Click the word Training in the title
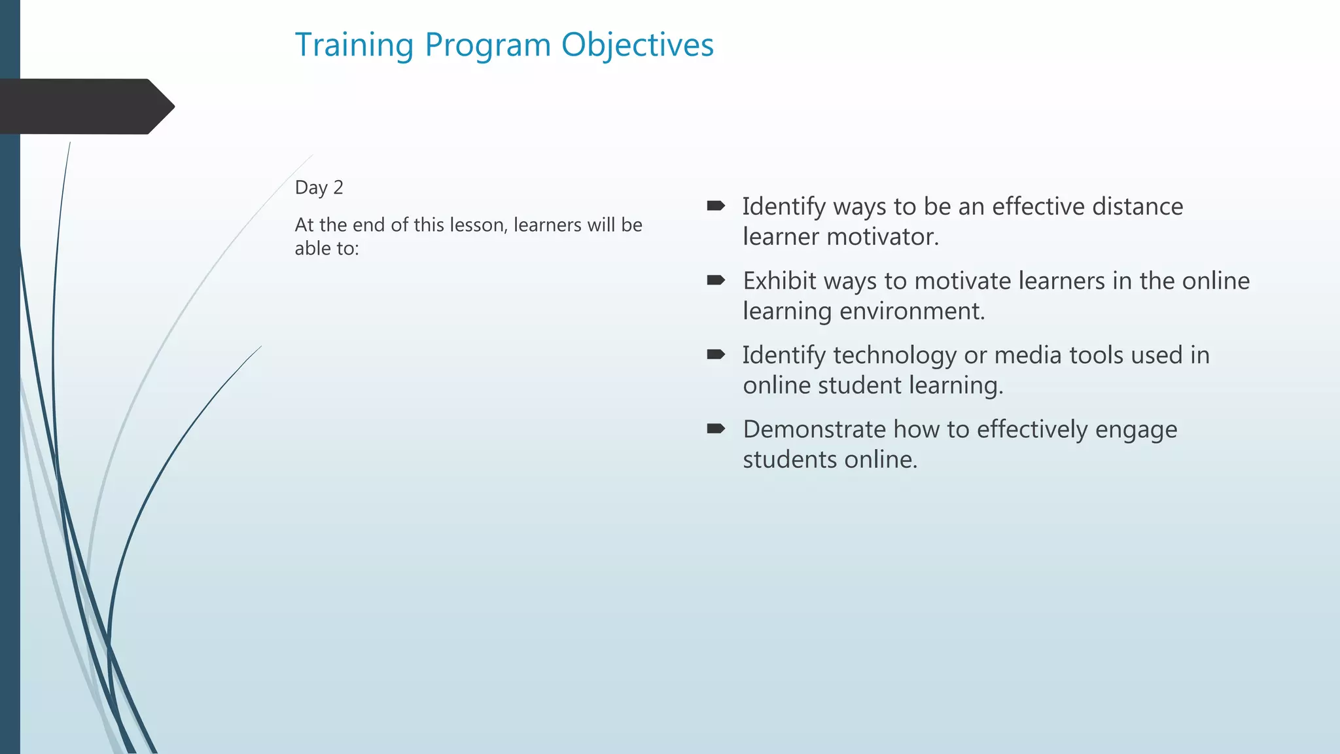tap(354, 46)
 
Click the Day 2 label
tap(319, 188)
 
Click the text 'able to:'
tap(326, 249)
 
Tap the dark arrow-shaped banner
tap(85, 107)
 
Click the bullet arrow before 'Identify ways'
tap(716, 206)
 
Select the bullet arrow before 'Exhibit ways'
tap(716, 280)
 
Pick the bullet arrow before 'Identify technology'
tap(716, 355)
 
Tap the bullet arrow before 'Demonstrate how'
tap(716, 429)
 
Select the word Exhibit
tap(779, 281)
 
